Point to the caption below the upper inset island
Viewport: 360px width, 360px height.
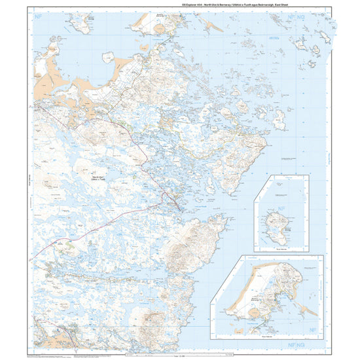point(282,247)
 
